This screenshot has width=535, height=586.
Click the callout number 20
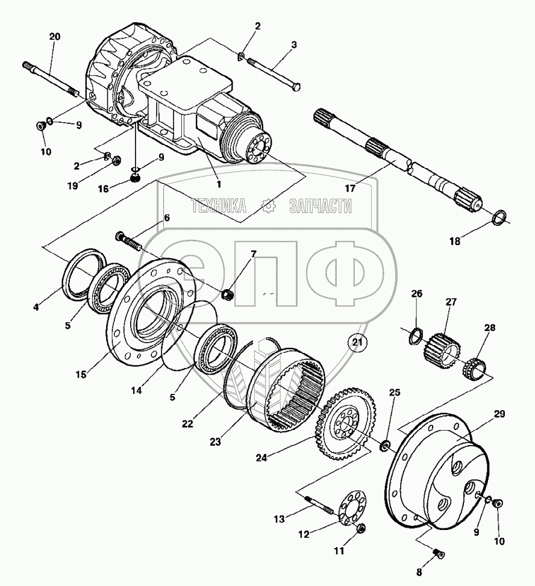54,37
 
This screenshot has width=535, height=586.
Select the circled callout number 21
359,343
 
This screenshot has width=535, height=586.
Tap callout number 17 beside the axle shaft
350,188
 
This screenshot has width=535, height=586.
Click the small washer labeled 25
384,446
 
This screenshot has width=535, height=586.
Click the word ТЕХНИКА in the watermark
219,207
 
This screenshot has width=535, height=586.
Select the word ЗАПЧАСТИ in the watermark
321,207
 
